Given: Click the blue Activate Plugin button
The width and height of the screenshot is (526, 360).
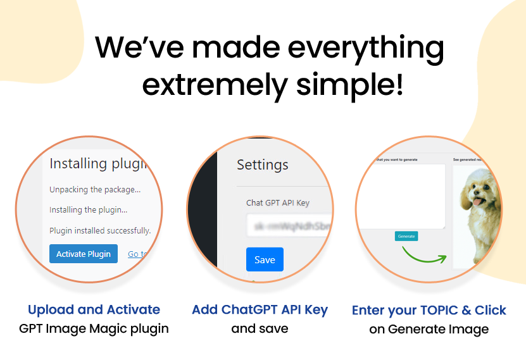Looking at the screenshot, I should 84,254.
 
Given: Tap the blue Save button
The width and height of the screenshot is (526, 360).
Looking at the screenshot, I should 265,259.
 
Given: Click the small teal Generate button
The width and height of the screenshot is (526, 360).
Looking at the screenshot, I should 406,236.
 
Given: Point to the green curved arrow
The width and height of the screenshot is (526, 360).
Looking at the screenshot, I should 423,254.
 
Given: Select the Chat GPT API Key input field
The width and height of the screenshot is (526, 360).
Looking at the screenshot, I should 289,226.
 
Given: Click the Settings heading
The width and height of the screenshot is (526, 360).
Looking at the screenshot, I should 262,165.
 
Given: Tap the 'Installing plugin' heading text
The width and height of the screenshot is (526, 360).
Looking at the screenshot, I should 97,164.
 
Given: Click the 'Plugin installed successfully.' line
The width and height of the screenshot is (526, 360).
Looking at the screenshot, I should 99,230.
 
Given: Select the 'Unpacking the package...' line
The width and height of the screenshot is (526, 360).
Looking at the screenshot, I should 95,189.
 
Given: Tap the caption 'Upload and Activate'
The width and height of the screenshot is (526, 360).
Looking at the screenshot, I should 94,310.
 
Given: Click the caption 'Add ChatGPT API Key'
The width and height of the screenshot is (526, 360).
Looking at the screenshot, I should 260,310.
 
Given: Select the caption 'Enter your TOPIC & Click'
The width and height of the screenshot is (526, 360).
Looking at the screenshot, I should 429,311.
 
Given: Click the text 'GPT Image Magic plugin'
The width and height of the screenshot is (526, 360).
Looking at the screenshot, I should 94,329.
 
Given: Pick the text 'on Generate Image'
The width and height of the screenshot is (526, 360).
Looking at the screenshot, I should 429,330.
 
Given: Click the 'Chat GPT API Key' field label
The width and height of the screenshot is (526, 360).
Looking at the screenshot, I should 278,203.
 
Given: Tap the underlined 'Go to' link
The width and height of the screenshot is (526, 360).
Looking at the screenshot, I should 137,254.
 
